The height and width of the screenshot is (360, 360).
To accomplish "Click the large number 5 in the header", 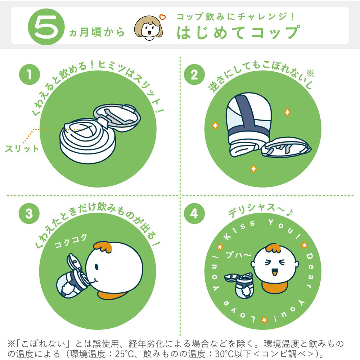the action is (46, 27).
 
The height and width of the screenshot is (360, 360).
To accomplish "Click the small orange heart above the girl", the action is (163, 17).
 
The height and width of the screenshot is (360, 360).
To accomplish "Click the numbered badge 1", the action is (30, 75).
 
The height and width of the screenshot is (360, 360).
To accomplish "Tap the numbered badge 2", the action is (194, 75).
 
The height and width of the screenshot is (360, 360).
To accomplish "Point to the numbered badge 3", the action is (29, 213).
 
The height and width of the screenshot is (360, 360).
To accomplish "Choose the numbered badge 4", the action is (194, 213).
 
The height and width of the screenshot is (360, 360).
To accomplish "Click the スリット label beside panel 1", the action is (22, 149).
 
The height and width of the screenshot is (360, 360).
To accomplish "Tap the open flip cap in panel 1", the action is (117, 118).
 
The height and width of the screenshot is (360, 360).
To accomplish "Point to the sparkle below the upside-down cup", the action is (253, 169).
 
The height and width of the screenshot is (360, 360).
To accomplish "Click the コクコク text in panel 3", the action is (71, 241).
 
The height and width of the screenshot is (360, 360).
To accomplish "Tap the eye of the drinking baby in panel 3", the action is (96, 267).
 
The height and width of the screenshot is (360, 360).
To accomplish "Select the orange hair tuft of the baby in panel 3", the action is (103, 247).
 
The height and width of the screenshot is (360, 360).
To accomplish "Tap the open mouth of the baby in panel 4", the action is (274, 273).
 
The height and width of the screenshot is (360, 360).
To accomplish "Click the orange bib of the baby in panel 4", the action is (274, 287).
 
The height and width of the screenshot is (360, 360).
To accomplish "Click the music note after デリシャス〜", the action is (290, 213).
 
